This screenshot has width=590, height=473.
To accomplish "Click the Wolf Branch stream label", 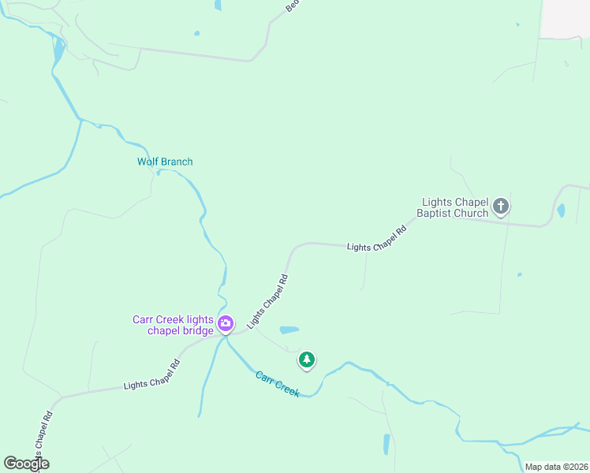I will coord(165,162).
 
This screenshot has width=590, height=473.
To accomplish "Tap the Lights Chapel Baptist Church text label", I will coord(455,207).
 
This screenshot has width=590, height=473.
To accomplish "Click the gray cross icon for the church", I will coord(500,207).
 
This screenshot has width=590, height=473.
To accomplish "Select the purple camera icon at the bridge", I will coord(226,323).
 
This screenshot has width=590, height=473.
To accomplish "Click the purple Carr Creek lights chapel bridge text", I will coord(173,325).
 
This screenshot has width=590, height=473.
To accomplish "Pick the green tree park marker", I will coord(306,360).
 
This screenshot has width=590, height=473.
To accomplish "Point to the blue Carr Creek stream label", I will coord(277,384).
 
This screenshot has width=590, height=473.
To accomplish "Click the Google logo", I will coord(26,464).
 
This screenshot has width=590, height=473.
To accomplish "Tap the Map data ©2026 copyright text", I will coord(556,467).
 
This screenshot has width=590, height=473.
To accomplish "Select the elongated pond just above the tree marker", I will coord(289,330).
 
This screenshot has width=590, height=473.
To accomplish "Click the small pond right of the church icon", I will coord(561,210).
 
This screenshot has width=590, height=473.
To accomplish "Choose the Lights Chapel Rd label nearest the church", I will coord(376,239).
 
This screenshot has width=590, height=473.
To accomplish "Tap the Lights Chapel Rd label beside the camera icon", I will coord(267,301).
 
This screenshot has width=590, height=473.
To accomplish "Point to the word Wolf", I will coord(147,162).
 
